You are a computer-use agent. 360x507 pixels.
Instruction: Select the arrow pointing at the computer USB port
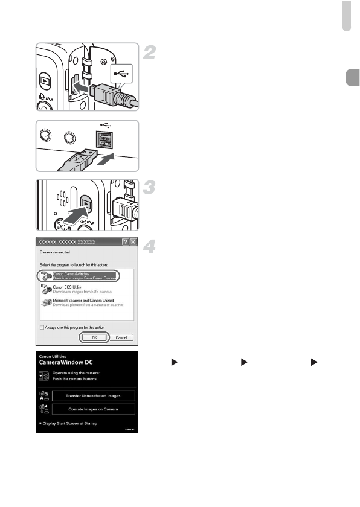click(x=105, y=161)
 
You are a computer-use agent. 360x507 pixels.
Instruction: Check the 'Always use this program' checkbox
click(x=42, y=327)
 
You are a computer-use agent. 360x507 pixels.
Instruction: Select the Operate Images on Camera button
click(x=92, y=409)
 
